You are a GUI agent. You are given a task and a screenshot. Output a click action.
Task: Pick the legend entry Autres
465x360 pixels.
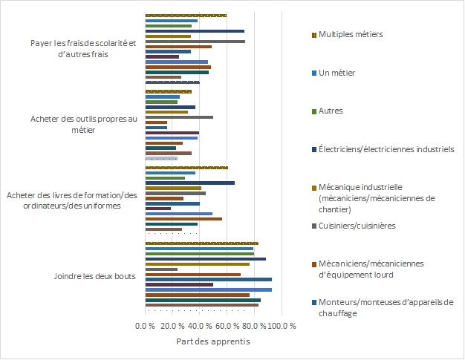(x=331, y=111)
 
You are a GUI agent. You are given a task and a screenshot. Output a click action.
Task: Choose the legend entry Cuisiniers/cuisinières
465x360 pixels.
(x=356, y=225)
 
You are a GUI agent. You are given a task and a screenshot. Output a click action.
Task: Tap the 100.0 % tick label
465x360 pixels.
(x=282, y=327)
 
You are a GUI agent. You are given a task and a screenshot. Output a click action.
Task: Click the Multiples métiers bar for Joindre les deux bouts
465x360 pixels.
(x=201, y=243)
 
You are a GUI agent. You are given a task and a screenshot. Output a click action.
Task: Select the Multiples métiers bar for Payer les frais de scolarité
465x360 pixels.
(x=186, y=15)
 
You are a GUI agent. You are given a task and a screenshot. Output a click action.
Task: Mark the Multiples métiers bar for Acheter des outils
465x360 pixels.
(x=169, y=91)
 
